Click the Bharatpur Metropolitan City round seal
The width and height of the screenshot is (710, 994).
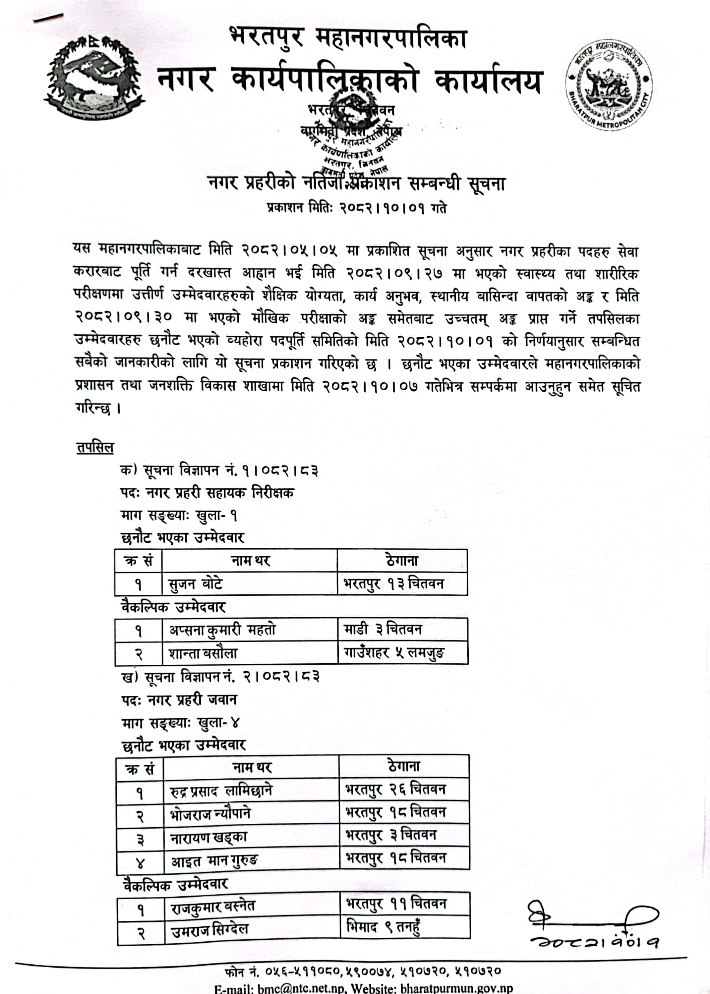point(608,85)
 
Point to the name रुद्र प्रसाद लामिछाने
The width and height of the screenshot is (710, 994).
point(221,791)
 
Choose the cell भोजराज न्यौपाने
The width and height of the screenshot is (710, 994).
point(211,814)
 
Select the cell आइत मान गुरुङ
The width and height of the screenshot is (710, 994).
point(214,861)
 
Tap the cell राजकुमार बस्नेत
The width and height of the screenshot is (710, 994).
point(213,908)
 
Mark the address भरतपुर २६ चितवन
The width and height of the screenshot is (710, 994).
point(396,790)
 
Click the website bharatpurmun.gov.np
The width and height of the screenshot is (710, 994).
point(456,988)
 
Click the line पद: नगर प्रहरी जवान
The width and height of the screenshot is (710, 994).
point(179,700)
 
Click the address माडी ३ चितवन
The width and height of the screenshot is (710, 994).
point(383,630)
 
